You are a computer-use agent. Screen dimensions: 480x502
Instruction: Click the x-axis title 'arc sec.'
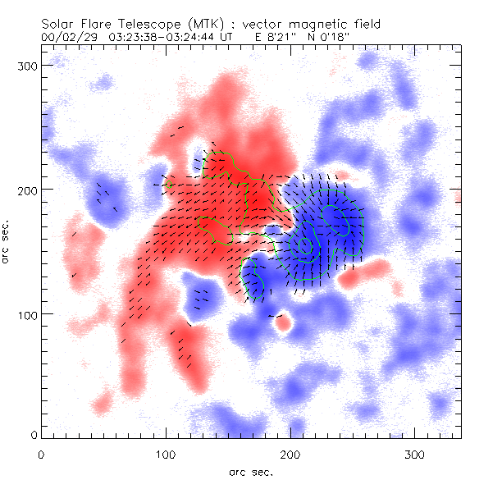click(x=251, y=471)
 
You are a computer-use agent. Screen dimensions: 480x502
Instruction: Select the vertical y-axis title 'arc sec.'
click(x=7, y=242)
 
